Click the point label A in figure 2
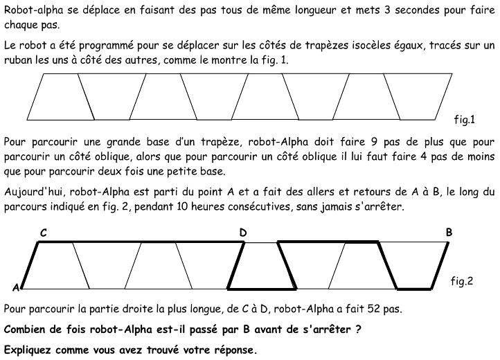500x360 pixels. [x=15, y=287]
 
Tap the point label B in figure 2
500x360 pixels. [x=449, y=233]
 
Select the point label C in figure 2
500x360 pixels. [x=43, y=233]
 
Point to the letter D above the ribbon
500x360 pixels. [x=243, y=233]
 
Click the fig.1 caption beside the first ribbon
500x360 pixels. [x=464, y=120]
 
